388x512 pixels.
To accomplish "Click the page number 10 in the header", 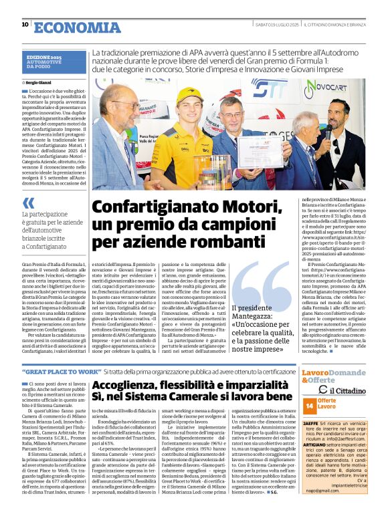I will [x=25, y=25].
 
